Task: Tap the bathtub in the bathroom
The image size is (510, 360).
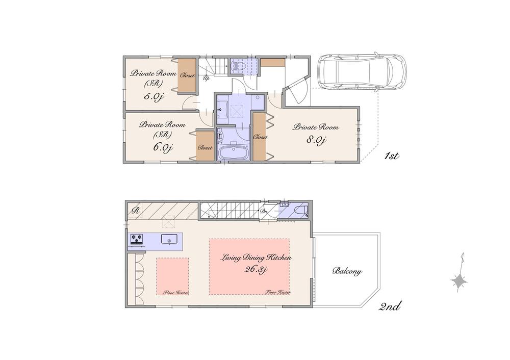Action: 233,153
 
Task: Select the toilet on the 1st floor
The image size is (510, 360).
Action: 240,65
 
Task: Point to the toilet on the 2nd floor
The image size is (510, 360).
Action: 299,211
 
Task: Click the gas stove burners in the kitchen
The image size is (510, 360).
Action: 137,238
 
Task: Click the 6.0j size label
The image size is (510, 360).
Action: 163,147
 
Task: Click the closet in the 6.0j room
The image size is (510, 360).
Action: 205,147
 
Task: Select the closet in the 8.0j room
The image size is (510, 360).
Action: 260,137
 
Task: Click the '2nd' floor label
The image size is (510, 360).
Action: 391,306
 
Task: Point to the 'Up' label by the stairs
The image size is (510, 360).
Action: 207,79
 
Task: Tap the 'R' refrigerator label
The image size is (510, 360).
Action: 135,209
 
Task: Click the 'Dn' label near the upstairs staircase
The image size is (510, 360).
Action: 263,211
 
